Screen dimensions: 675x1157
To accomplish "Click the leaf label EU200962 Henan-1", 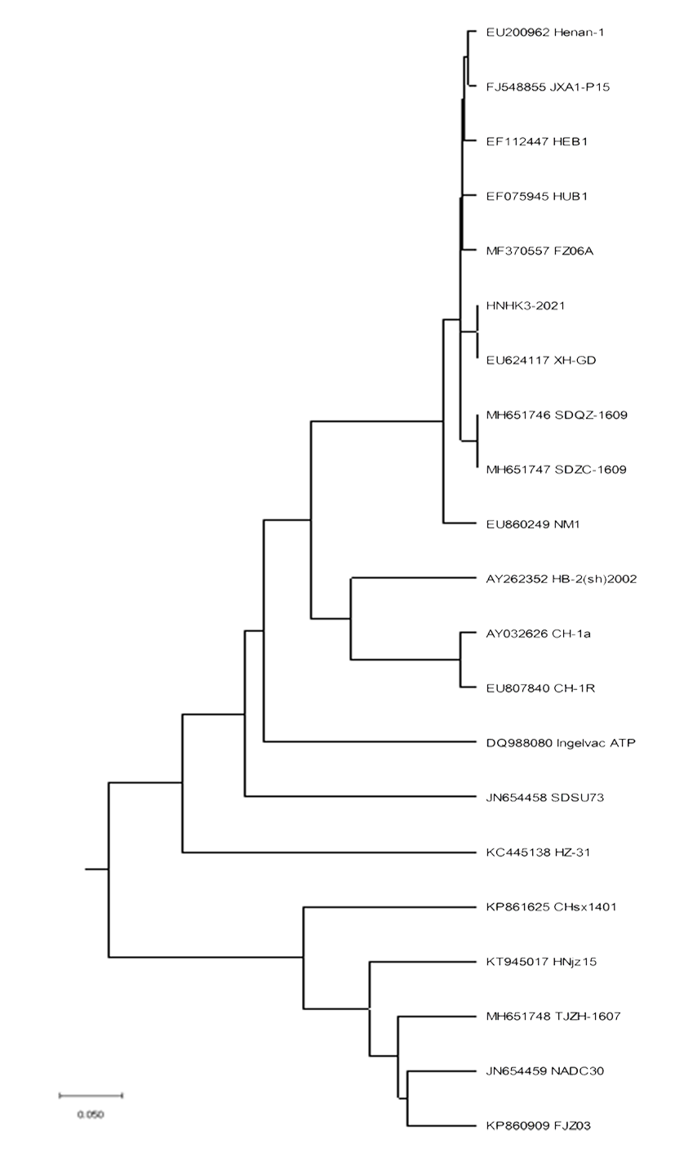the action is point(545,33).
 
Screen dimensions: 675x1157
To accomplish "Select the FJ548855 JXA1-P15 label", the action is point(548,87).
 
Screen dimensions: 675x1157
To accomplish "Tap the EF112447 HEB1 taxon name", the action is point(536,141).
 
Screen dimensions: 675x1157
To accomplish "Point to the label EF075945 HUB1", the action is point(536,196).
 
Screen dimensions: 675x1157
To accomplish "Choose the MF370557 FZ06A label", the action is point(540,251).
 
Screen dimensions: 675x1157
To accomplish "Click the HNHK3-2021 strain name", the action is point(526,305).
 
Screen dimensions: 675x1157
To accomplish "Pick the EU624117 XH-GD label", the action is point(540,360).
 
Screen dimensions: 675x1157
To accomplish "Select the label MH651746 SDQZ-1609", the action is point(557,415).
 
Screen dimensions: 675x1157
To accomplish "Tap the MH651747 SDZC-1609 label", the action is point(556,469).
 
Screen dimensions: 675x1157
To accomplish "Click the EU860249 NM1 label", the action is point(533,524).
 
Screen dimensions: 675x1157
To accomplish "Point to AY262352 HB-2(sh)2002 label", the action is point(562,579).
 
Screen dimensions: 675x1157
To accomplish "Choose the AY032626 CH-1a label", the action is point(538,634).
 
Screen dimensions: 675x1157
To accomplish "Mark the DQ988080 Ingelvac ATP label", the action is point(561,743).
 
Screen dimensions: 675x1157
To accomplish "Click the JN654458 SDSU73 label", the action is point(545,798).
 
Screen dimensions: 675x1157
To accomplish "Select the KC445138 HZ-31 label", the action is point(538,852).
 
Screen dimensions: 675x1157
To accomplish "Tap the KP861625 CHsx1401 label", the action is point(551,907).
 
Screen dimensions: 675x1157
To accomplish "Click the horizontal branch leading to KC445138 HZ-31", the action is point(329,852).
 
